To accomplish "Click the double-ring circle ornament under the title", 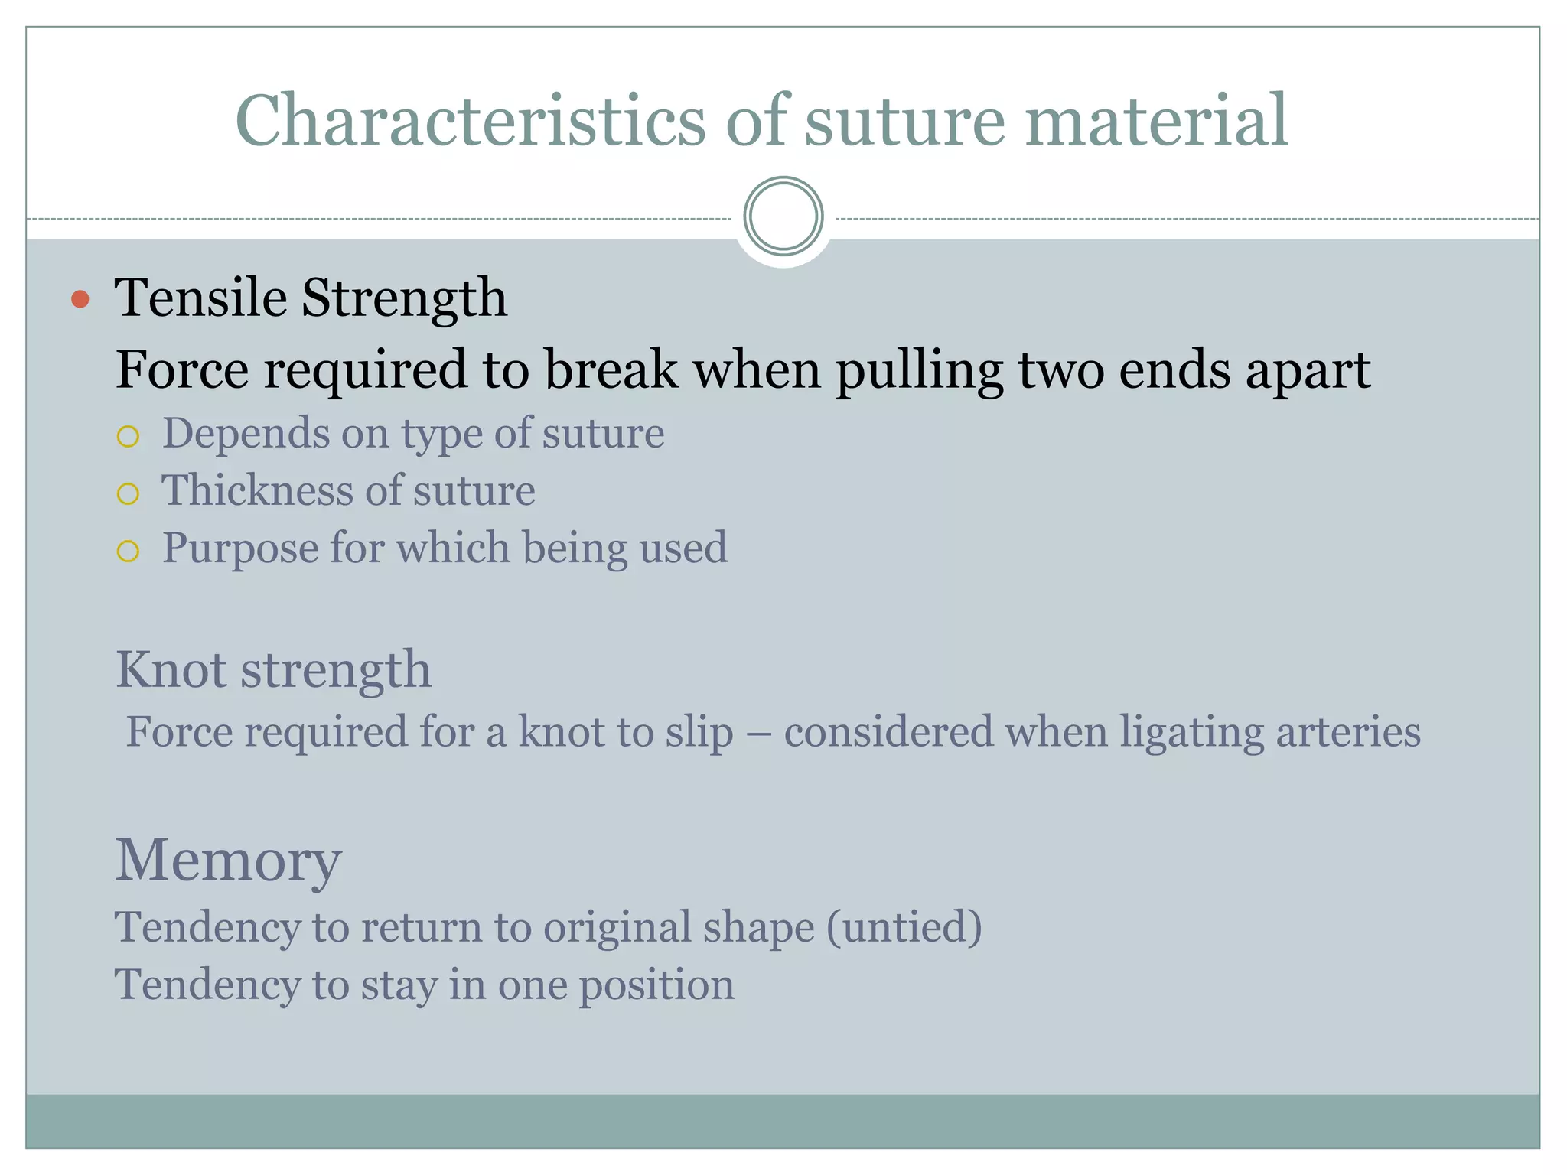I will click(x=783, y=216).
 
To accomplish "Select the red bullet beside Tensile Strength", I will click(x=80, y=298).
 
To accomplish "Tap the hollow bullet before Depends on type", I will click(x=128, y=437).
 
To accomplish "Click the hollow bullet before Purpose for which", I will click(x=128, y=552).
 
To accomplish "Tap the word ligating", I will click(x=1191, y=733).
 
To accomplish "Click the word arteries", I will click(x=1347, y=731).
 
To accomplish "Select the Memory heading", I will click(x=228, y=861).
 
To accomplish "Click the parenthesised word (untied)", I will click(x=904, y=928).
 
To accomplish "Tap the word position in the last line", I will click(x=656, y=986).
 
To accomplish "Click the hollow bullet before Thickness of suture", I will click(x=128, y=493).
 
